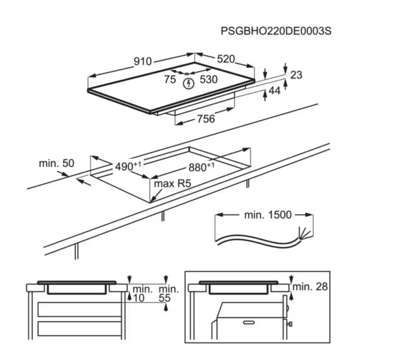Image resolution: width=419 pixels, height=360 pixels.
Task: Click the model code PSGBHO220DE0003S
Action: click(276, 31)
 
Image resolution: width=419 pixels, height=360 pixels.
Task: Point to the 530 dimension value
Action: click(209, 79)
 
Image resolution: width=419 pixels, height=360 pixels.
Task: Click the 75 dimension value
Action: click(170, 79)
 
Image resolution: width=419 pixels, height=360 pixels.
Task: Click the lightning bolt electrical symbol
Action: click(189, 83)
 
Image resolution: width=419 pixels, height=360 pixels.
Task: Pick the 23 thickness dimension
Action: click(296, 75)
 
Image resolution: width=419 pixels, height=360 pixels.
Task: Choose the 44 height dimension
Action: click(275, 91)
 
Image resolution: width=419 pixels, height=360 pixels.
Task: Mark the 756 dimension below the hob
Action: click(206, 119)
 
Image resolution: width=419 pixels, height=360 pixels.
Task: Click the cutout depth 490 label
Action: click(124, 166)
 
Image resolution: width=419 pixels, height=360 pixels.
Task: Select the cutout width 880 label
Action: click(201, 167)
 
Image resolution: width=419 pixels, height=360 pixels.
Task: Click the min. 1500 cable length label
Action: click(267, 214)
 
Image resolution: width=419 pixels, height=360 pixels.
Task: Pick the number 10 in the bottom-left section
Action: click(139, 298)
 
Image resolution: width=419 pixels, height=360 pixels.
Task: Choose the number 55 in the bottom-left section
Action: click(165, 298)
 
